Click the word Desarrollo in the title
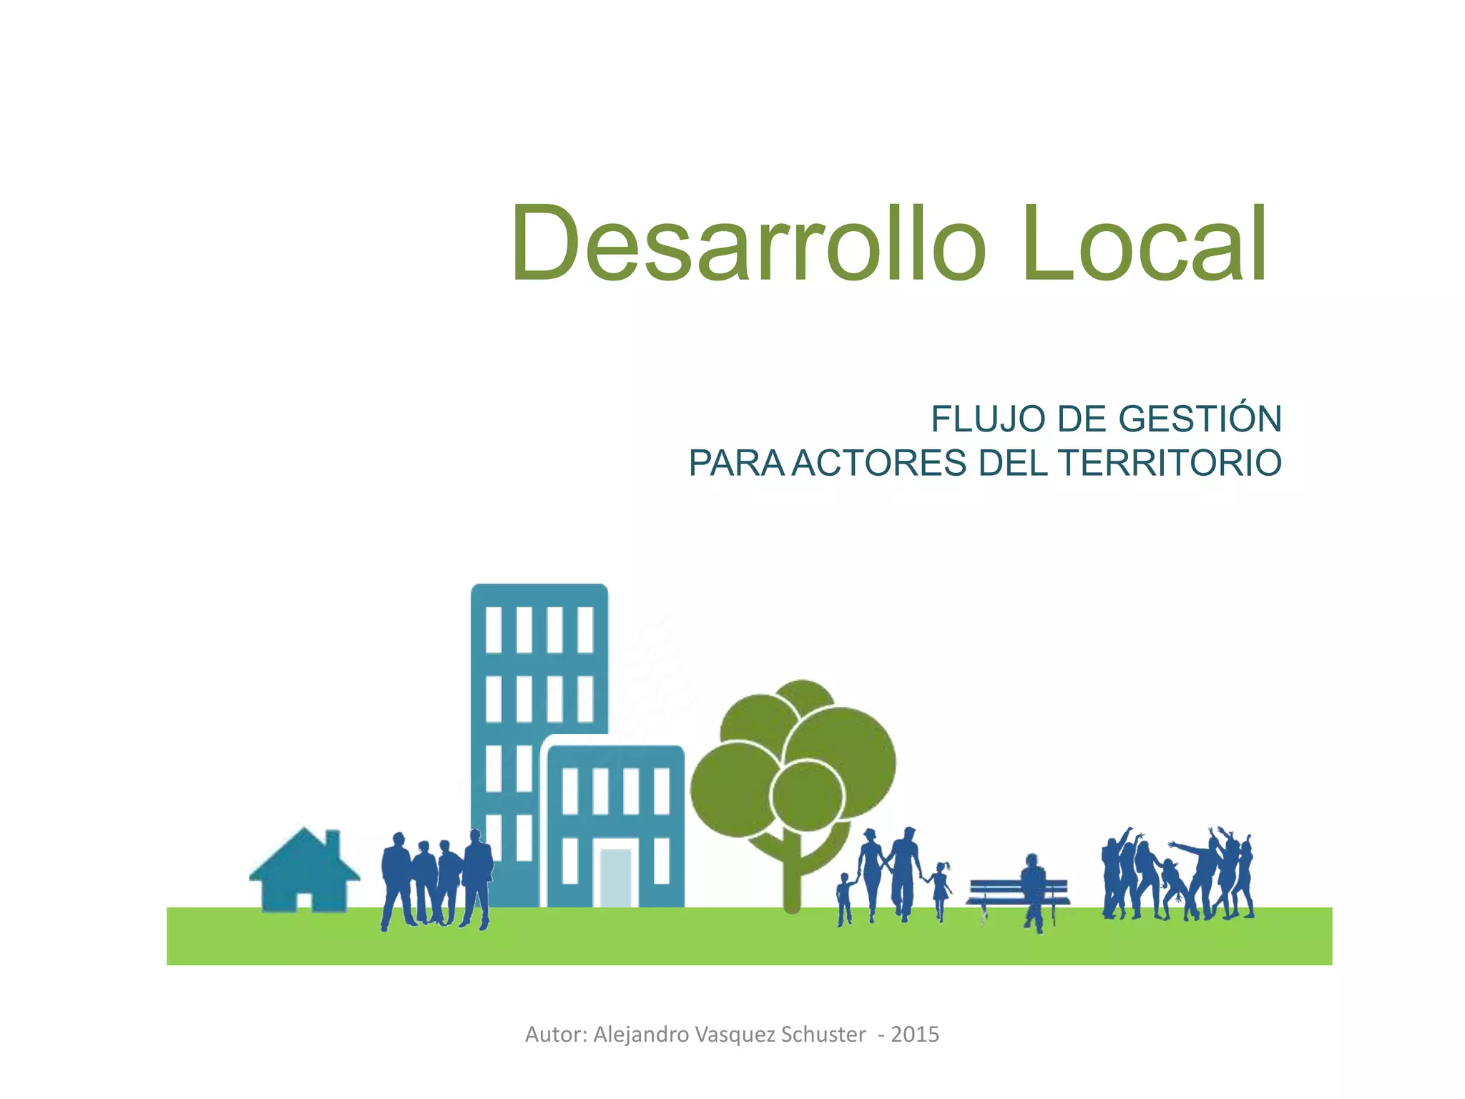point(748,245)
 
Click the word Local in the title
point(1144,245)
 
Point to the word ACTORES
point(879,463)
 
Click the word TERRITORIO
point(1170,463)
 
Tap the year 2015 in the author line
point(915,1035)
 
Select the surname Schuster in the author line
point(823,1035)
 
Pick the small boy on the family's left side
point(845,898)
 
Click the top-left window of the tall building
point(494,630)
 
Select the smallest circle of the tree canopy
point(808,794)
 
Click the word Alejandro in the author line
point(641,1035)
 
